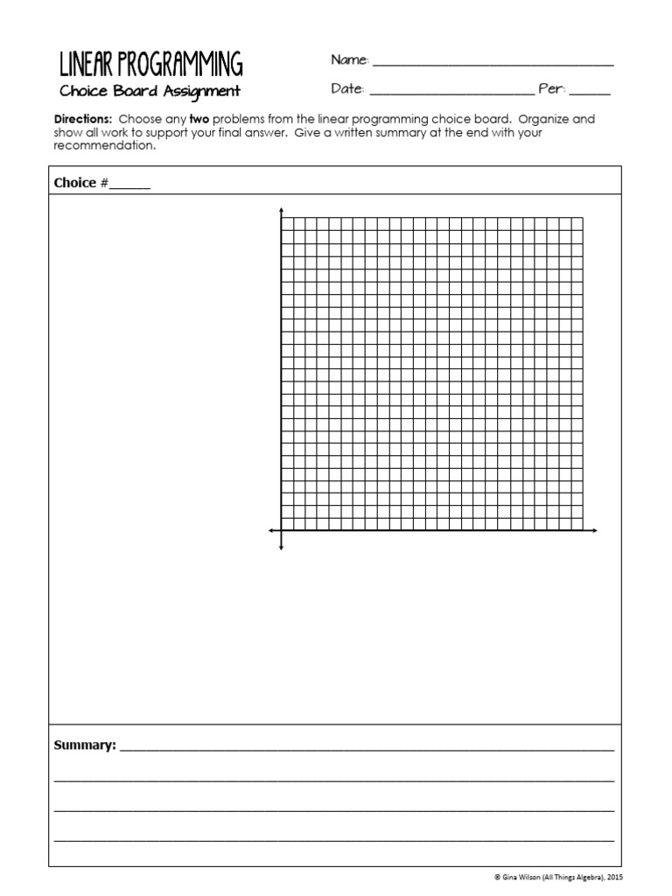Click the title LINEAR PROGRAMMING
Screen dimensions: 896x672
pyautogui.click(x=150, y=65)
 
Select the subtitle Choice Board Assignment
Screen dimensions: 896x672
pyautogui.click(x=150, y=91)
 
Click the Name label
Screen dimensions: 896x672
pyautogui.click(x=350, y=60)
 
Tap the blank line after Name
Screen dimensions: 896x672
pyautogui.click(x=493, y=63)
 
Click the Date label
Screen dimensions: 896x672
pyautogui.click(x=347, y=89)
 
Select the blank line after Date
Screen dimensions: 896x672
pyautogui.click(x=451, y=92)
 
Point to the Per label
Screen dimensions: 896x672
pyautogui.click(x=552, y=89)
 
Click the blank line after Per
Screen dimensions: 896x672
pyautogui.click(x=591, y=92)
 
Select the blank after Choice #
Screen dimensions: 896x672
pyautogui.click(x=129, y=185)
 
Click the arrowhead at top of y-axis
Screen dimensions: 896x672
pyautogui.click(x=281, y=211)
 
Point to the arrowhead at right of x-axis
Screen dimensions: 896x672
pyautogui.click(x=594, y=530)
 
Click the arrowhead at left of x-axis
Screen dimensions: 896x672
pyautogui.click(x=271, y=530)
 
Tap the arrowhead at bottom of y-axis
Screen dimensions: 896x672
pyautogui.click(x=281, y=548)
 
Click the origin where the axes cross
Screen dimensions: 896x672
pyautogui.click(x=281, y=530)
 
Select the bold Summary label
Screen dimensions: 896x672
pyautogui.click(x=85, y=745)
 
